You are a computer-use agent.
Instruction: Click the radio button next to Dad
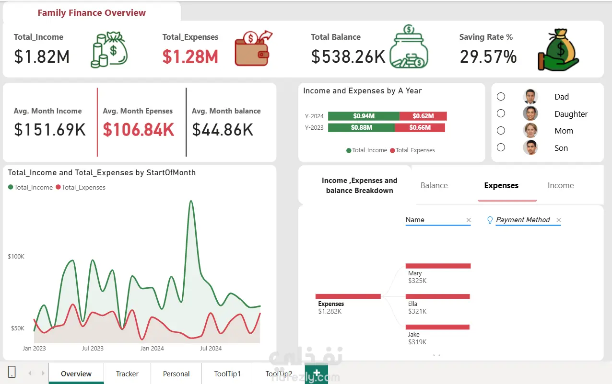pos(501,97)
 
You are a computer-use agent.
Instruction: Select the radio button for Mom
pos(501,131)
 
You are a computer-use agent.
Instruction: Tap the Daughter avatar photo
pos(530,113)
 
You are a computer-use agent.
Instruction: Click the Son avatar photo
pos(530,147)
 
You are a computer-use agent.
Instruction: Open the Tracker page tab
pos(127,373)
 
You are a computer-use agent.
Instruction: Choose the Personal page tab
pos(176,373)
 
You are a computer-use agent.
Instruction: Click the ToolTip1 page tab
pos(227,373)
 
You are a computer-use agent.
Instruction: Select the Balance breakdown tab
pos(434,185)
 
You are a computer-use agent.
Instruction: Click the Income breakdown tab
pos(561,185)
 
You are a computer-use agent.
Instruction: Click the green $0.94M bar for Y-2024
pos(364,116)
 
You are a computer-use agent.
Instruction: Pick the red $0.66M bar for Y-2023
pos(420,128)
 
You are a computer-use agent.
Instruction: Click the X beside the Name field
pos(469,220)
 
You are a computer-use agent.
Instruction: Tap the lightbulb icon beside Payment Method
pos(490,220)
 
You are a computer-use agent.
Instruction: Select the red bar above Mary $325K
pos(438,266)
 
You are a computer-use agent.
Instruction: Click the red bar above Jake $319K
pos(437,327)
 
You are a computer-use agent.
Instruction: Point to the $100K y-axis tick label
pos(16,256)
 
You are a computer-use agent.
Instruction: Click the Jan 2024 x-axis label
pos(152,348)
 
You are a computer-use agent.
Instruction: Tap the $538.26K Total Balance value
pos(348,56)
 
